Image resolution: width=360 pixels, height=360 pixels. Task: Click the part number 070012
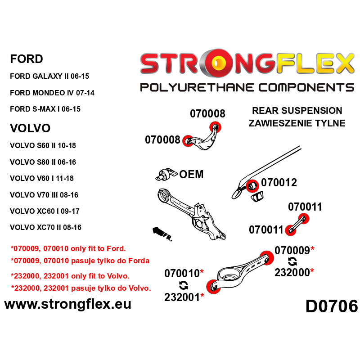click(279, 183)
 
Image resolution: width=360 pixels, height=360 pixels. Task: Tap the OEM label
click(191, 174)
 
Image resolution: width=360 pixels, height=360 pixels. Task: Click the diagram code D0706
click(332, 306)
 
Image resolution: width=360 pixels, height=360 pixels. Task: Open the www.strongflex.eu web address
click(67, 304)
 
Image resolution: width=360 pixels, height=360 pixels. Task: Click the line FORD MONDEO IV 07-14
click(52, 93)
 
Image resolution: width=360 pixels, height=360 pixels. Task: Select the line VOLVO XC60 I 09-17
click(45, 211)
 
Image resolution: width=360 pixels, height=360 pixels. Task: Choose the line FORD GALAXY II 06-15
click(52, 76)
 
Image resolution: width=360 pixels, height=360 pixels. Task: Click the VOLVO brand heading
click(30, 128)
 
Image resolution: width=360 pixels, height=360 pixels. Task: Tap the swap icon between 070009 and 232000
click(292, 261)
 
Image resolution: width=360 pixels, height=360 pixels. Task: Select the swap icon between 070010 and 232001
click(183, 285)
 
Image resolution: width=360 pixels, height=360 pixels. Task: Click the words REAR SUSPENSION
click(297, 111)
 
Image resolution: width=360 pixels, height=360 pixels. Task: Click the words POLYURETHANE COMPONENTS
click(247, 87)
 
